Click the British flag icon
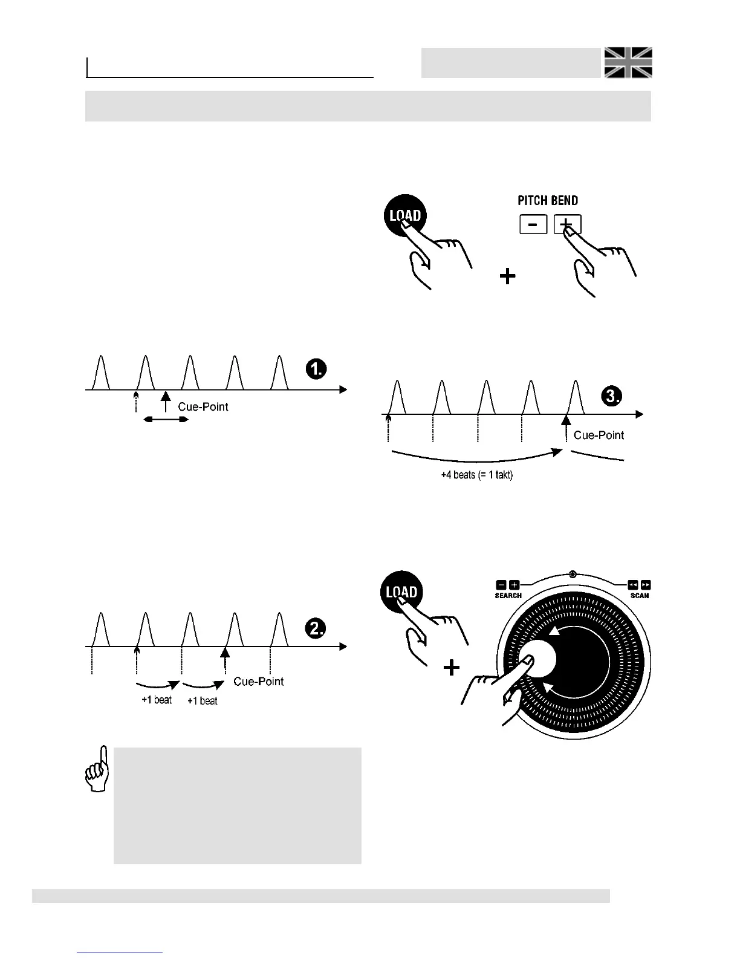(629, 63)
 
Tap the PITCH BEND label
(548, 201)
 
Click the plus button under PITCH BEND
(567, 224)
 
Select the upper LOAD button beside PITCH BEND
(405, 216)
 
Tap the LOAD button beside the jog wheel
(401, 592)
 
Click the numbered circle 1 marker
(316, 369)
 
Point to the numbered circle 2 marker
(316, 628)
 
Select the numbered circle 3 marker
(612, 396)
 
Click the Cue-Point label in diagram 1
(203, 407)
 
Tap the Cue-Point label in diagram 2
(258, 682)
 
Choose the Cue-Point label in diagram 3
(599, 435)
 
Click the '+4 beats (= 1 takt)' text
(476, 475)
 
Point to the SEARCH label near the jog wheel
(508, 596)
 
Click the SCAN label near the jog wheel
(639, 596)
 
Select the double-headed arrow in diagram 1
(166, 419)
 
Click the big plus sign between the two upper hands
(508, 276)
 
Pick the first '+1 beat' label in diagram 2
(157, 700)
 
